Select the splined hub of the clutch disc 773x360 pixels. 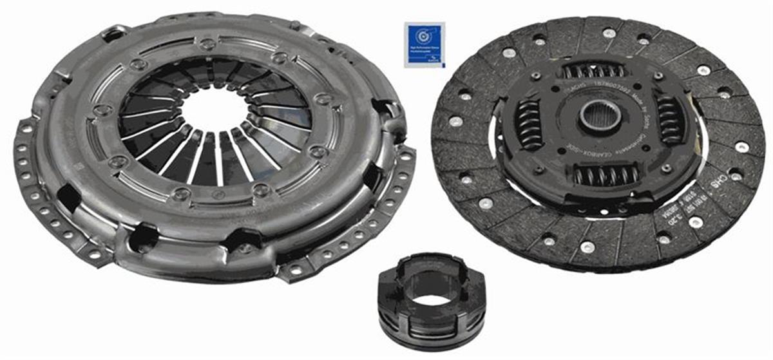click(x=600, y=116)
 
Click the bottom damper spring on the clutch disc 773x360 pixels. click(x=605, y=173)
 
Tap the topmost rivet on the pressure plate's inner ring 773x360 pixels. click(x=207, y=44)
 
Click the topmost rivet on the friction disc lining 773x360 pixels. click(x=609, y=32)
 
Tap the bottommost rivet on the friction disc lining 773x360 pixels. click(x=587, y=246)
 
